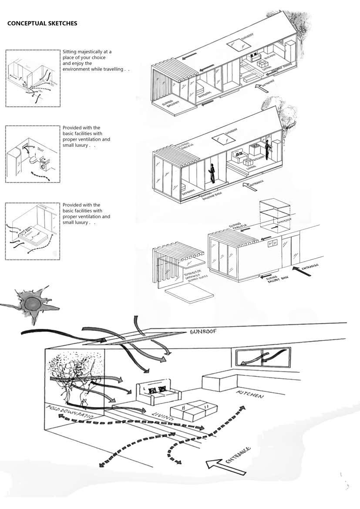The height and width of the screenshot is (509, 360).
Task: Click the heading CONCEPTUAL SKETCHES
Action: (x=42, y=24)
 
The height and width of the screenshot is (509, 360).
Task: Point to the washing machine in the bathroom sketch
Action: (x=44, y=166)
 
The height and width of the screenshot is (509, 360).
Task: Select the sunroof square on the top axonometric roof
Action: (x=236, y=44)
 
